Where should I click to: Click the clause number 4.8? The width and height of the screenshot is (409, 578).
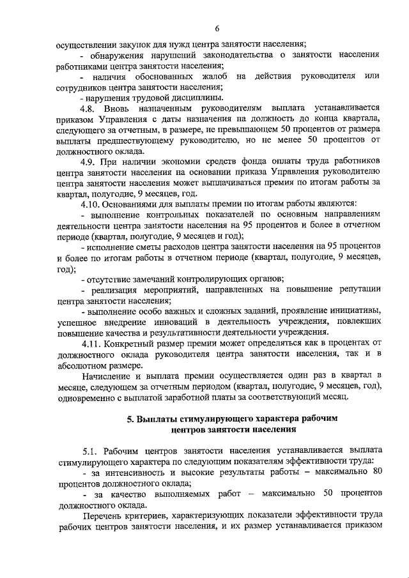89,109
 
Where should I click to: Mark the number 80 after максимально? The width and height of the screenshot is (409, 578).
376,471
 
